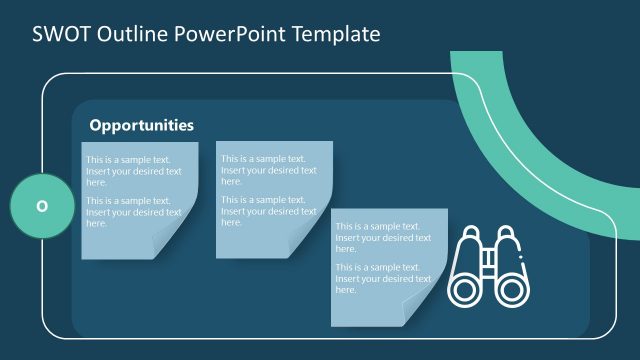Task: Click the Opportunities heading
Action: [141, 126]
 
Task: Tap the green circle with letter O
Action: [41, 207]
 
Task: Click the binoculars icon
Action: [488, 265]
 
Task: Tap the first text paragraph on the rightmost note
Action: [383, 238]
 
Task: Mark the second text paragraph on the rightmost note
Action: [383, 279]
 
